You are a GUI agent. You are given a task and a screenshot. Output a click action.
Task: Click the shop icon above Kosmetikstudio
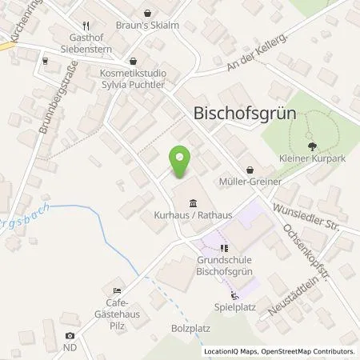[133, 61]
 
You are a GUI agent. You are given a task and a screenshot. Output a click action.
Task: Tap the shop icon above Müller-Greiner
[251, 170]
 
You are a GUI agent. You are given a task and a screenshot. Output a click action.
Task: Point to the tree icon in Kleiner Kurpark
[311, 146]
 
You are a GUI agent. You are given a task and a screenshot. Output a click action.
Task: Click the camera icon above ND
[70, 336]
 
